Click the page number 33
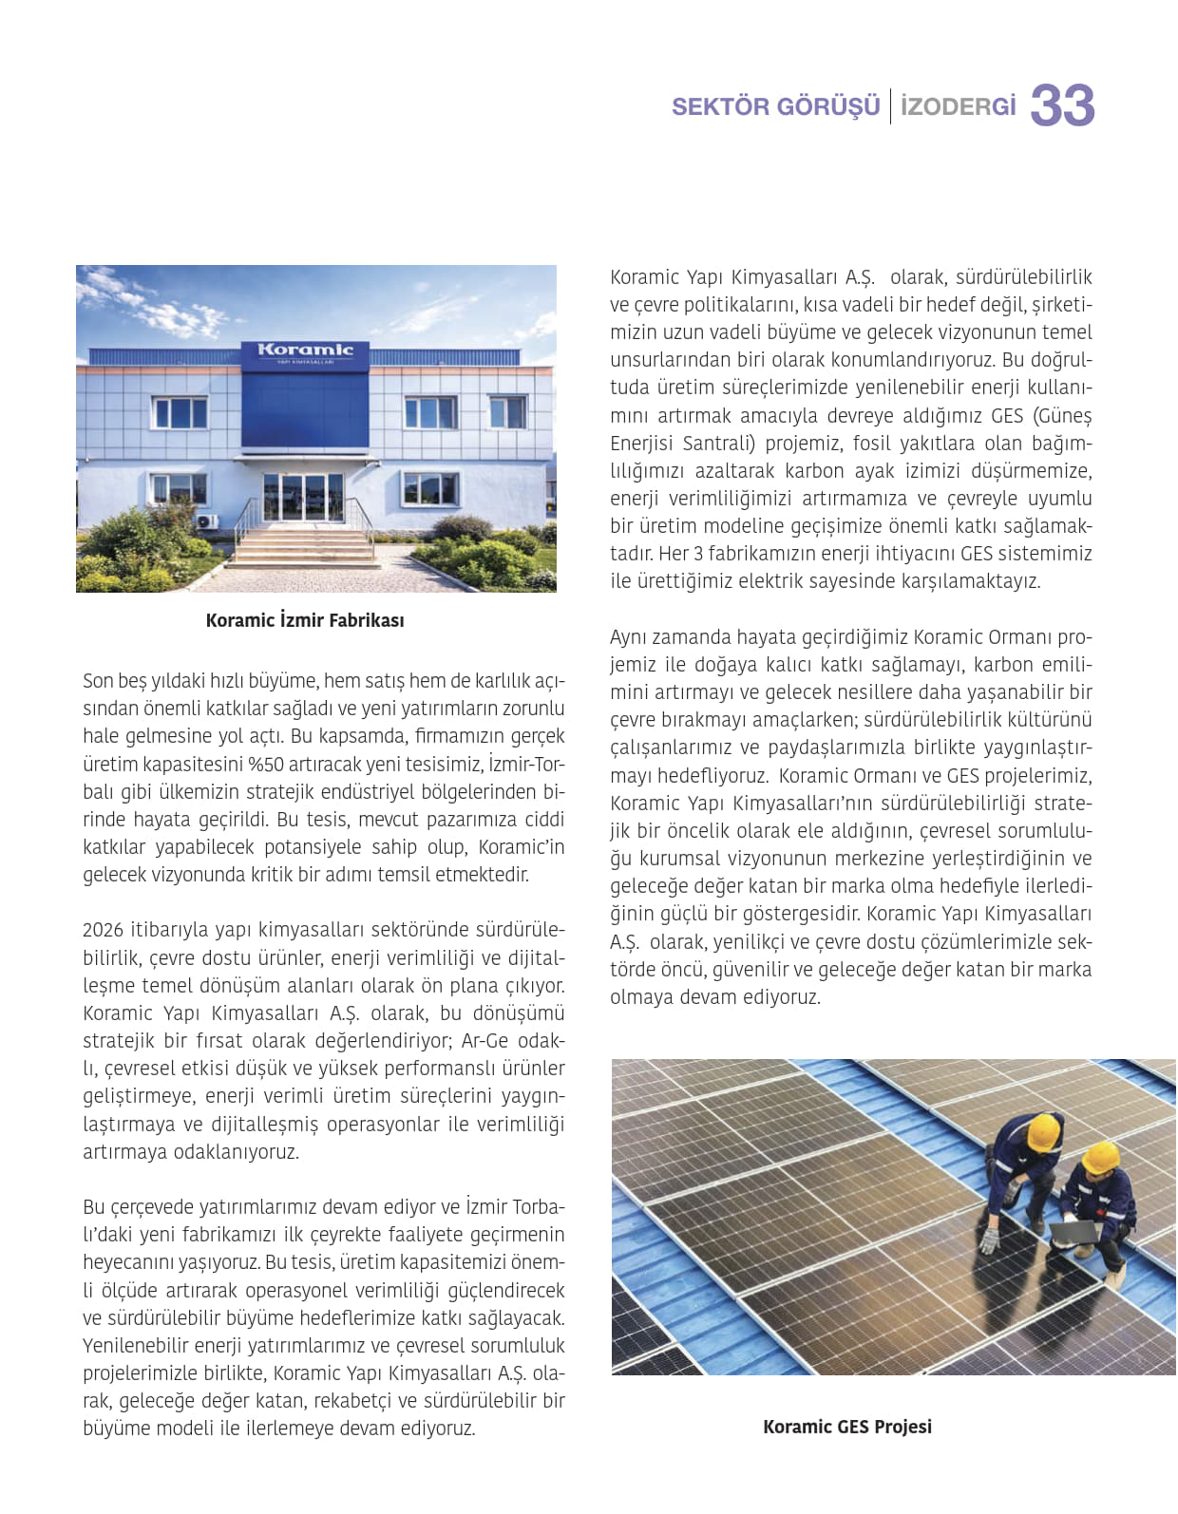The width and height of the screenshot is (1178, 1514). coord(1062,105)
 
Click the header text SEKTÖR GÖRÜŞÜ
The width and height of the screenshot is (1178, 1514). coord(775,106)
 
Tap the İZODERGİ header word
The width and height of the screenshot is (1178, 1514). coord(958,106)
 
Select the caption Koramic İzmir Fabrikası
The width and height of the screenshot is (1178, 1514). coord(305,620)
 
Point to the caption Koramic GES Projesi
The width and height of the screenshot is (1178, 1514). coord(846,1427)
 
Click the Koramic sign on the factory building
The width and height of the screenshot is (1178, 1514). coord(305,350)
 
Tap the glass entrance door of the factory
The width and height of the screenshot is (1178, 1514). coord(303,497)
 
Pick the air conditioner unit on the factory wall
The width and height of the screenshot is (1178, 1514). coord(206,521)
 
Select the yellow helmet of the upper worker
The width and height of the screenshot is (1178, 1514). coord(1043,1131)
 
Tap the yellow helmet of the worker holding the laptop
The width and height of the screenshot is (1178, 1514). coord(1101,1157)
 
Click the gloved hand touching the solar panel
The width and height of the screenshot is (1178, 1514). coord(991,1240)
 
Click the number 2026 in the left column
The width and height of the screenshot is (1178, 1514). coord(104,930)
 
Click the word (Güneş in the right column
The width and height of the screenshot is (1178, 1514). coord(1061,416)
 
